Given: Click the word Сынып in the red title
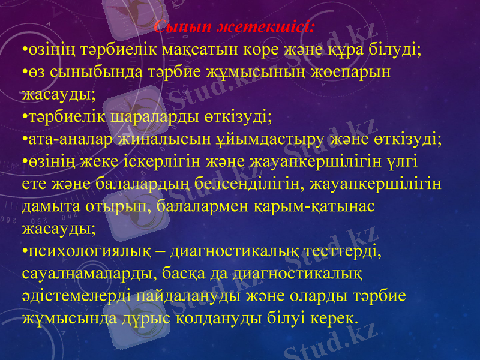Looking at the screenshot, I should click(x=176, y=28).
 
